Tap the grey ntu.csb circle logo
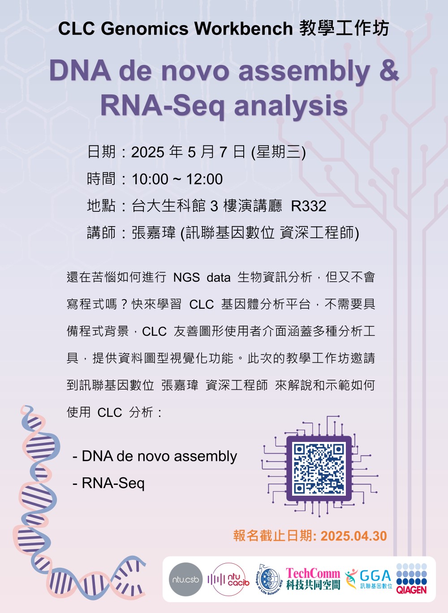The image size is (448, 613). pyautogui.click(x=185, y=579)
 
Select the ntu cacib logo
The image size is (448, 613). pyautogui.click(x=228, y=579)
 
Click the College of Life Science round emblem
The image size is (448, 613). pyautogui.click(x=269, y=579)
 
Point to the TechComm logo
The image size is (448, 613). pyautogui.click(x=313, y=579)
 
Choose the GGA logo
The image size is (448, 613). pyautogui.click(x=369, y=579)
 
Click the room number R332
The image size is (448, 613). pyautogui.click(x=309, y=206)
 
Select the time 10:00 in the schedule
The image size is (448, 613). pyautogui.click(x=150, y=179)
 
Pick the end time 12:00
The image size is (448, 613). pyautogui.click(x=204, y=179)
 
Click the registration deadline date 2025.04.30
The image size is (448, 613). pyautogui.click(x=353, y=536)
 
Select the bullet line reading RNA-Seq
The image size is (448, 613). pyautogui.click(x=108, y=483)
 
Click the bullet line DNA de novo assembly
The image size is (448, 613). pyautogui.click(x=155, y=456)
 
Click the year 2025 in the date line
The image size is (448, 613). pyautogui.click(x=148, y=152)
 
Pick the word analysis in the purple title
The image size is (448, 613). pyautogui.click(x=291, y=106)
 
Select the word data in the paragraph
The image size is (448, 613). pyautogui.click(x=219, y=278)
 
